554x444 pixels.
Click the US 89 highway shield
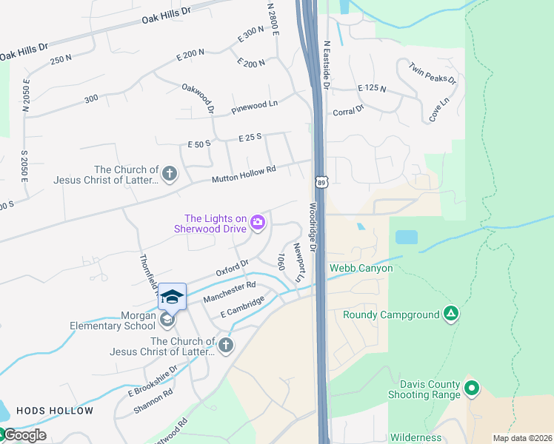click(321, 182)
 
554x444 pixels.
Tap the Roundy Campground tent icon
click(450, 314)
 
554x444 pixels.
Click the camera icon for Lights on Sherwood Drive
click(258, 221)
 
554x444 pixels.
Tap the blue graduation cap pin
click(172, 296)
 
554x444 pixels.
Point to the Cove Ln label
click(439, 110)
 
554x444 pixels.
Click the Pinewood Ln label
click(254, 107)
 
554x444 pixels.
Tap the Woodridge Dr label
click(313, 228)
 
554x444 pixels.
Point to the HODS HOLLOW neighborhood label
click(55, 411)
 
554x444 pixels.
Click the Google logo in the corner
click(24, 435)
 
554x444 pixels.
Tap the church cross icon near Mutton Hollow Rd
click(170, 174)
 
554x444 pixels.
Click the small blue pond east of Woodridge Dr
click(406, 238)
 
